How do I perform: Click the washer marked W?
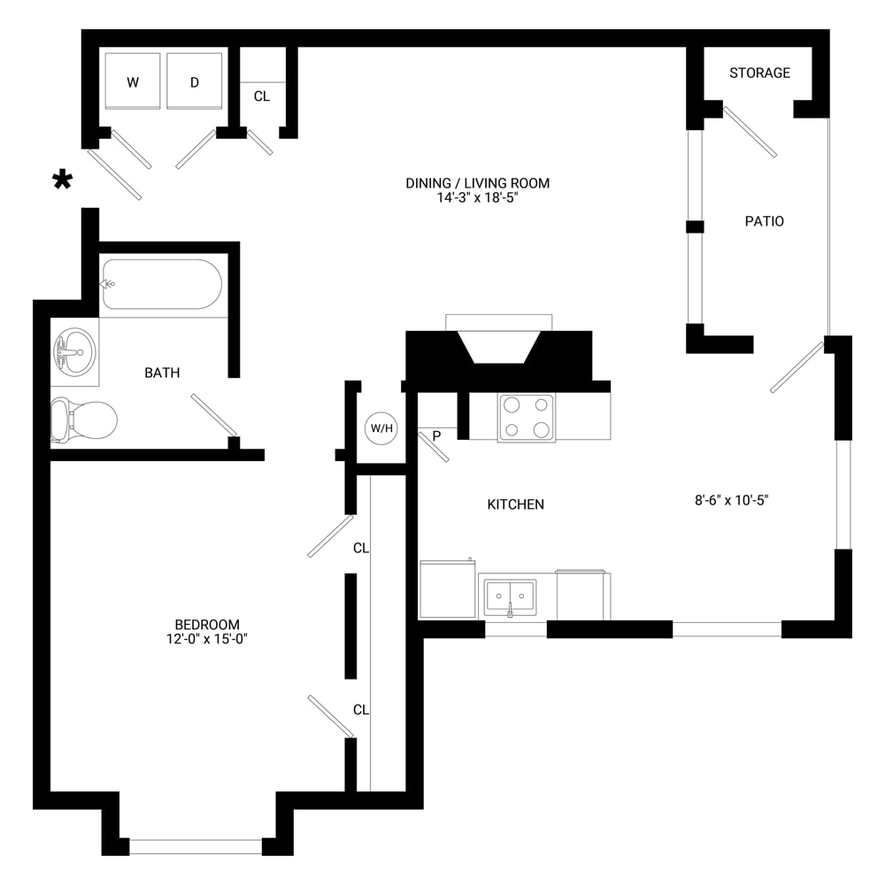point(133,81)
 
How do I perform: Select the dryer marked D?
point(194,81)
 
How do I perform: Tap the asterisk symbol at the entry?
point(62,180)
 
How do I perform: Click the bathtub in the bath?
point(161,284)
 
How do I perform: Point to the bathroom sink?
point(75,352)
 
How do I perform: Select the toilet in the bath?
point(84,419)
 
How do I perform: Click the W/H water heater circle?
point(381,427)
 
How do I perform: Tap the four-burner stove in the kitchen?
point(526,418)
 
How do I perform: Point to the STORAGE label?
point(759,73)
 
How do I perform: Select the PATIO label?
point(765,221)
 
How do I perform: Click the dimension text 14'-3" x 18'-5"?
point(478,197)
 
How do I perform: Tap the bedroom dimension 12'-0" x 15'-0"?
point(207,639)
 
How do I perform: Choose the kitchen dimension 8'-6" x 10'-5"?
point(732,500)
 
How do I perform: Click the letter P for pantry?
point(436,435)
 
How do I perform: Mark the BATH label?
point(162,373)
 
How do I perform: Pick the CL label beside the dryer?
point(261,96)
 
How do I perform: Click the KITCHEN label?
point(516,504)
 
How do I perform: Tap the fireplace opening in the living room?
point(499,347)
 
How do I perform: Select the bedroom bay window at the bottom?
point(196,847)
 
